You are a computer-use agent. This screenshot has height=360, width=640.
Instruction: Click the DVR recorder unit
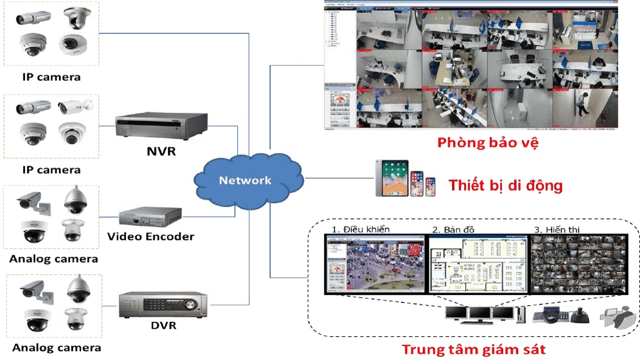pos(162,303)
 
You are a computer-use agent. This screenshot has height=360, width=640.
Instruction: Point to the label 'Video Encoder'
pos(150,236)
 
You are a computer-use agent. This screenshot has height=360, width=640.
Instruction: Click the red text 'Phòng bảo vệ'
pos(488,144)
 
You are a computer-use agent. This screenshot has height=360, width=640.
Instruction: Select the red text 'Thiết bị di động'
pos(506,185)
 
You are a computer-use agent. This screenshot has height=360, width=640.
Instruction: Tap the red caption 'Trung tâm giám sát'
pos(473,349)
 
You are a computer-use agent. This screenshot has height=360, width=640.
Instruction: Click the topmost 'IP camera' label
pos(51,77)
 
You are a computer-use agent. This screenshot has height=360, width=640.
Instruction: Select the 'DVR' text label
pos(163,325)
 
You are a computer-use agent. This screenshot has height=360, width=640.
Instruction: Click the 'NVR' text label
pos(161,151)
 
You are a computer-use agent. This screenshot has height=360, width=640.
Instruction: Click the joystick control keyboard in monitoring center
pos(558,316)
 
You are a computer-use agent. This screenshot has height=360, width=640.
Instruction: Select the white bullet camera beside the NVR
pos(75,108)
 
